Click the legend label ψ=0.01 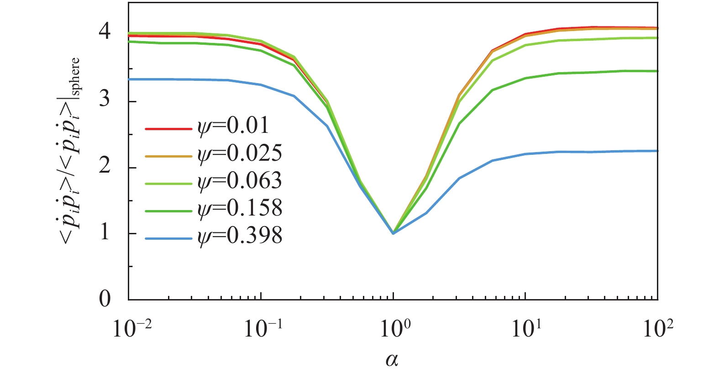(233, 126)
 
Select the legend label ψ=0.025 (240, 153)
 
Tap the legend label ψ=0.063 (240, 181)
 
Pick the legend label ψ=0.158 (240, 208)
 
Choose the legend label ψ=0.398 (240, 236)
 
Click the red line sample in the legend (168, 129)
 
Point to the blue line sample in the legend (168, 238)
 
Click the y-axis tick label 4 (105, 32)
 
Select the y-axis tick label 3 (105, 99)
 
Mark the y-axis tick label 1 (105, 232)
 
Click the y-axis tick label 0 (105, 299)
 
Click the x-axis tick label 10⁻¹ (263, 328)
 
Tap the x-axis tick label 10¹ (525, 328)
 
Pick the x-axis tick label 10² (657, 328)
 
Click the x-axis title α (392, 360)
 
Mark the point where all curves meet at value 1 (393, 233)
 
